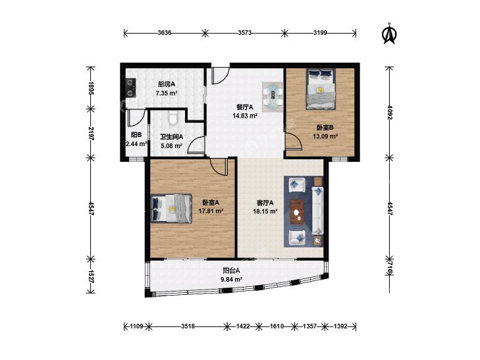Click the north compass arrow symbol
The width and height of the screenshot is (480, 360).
[389, 34]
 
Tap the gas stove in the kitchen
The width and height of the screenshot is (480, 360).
[131, 88]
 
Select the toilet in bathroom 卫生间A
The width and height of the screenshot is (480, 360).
[173, 117]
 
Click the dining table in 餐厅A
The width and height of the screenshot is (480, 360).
[273, 97]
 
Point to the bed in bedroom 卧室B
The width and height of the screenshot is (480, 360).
[321, 89]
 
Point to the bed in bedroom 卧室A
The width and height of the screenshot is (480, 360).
[171, 209]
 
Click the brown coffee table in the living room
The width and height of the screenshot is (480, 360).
[297, 212]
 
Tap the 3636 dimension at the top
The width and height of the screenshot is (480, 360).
[165, 33]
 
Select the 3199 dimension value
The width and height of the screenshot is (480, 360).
[320, 33]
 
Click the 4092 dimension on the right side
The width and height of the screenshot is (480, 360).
[389, 113]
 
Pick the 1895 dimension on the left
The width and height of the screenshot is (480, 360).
[91, 88]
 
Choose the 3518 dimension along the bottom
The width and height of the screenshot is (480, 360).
[188, 326]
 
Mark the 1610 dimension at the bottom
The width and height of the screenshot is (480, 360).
[277, 326]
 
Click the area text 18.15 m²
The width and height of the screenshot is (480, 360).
[265, 211]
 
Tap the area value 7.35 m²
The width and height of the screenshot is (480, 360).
[167, 93]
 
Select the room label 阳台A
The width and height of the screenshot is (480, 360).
[231, 270]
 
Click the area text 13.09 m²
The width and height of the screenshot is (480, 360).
[325, 136]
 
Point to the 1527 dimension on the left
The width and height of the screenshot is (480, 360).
[91, 276]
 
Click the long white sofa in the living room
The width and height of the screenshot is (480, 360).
[318, 211]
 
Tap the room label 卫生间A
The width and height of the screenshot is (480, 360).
[171, 137]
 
